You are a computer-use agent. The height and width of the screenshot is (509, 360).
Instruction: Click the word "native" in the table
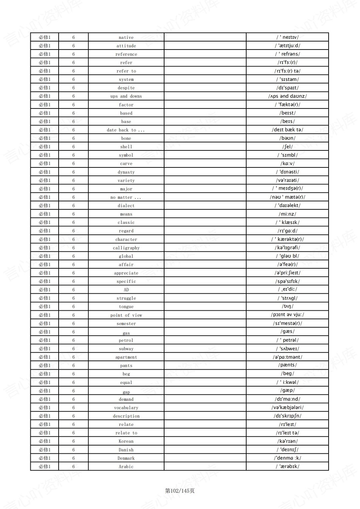126,37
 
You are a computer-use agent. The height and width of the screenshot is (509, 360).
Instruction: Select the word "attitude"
126,46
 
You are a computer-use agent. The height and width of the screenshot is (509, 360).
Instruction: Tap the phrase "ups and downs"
126,96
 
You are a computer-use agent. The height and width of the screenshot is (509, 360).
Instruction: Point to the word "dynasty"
126,172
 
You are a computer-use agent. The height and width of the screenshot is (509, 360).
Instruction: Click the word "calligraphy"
126,248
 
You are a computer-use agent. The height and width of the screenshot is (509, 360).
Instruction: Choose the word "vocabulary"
126,408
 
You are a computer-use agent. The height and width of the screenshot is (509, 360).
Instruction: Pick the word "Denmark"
126,458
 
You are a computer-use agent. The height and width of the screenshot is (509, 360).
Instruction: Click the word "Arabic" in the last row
126,467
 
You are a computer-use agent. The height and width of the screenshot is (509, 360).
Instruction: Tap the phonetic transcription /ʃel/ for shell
287,147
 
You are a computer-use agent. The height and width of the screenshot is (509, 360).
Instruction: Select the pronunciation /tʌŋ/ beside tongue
287,306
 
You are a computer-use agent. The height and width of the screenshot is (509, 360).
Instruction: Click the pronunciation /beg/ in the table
287,374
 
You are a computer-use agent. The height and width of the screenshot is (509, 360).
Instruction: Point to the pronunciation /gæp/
287,391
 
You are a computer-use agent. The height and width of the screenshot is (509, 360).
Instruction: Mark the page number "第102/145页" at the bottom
180,490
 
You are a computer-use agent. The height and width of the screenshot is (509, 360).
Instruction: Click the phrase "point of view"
126,315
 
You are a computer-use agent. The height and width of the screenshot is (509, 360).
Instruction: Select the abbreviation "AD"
126,290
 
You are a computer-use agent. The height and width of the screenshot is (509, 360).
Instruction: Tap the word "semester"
126,323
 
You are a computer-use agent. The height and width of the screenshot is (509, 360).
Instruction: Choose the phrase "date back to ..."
126,130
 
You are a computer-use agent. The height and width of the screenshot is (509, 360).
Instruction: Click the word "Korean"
126,441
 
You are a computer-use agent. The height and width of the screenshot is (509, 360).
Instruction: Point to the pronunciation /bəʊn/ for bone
287,138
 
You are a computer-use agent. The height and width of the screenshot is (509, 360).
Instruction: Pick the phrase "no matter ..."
126,197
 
